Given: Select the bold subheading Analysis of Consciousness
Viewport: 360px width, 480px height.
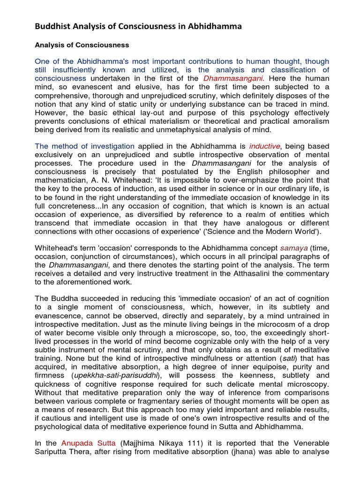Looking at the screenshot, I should (82, 45).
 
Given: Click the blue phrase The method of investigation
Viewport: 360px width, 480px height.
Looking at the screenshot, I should (84, 146).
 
